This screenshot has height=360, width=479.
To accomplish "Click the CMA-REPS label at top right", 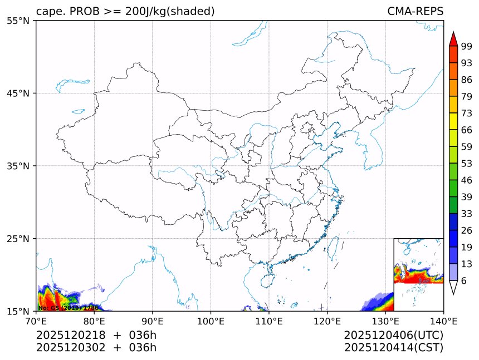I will tap(415, 11).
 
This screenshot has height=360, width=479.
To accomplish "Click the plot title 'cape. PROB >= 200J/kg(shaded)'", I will tap(125, 11).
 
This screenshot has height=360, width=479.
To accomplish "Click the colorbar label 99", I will tap(467, 47).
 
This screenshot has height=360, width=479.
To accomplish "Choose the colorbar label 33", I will tap(467, 214).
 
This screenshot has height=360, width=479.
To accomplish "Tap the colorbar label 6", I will tap(464, 281).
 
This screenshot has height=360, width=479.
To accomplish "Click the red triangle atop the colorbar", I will tap(453, 39).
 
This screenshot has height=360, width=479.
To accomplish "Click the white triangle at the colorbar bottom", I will tap(453, 287).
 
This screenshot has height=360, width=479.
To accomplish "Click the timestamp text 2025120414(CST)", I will tap(393, 348).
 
